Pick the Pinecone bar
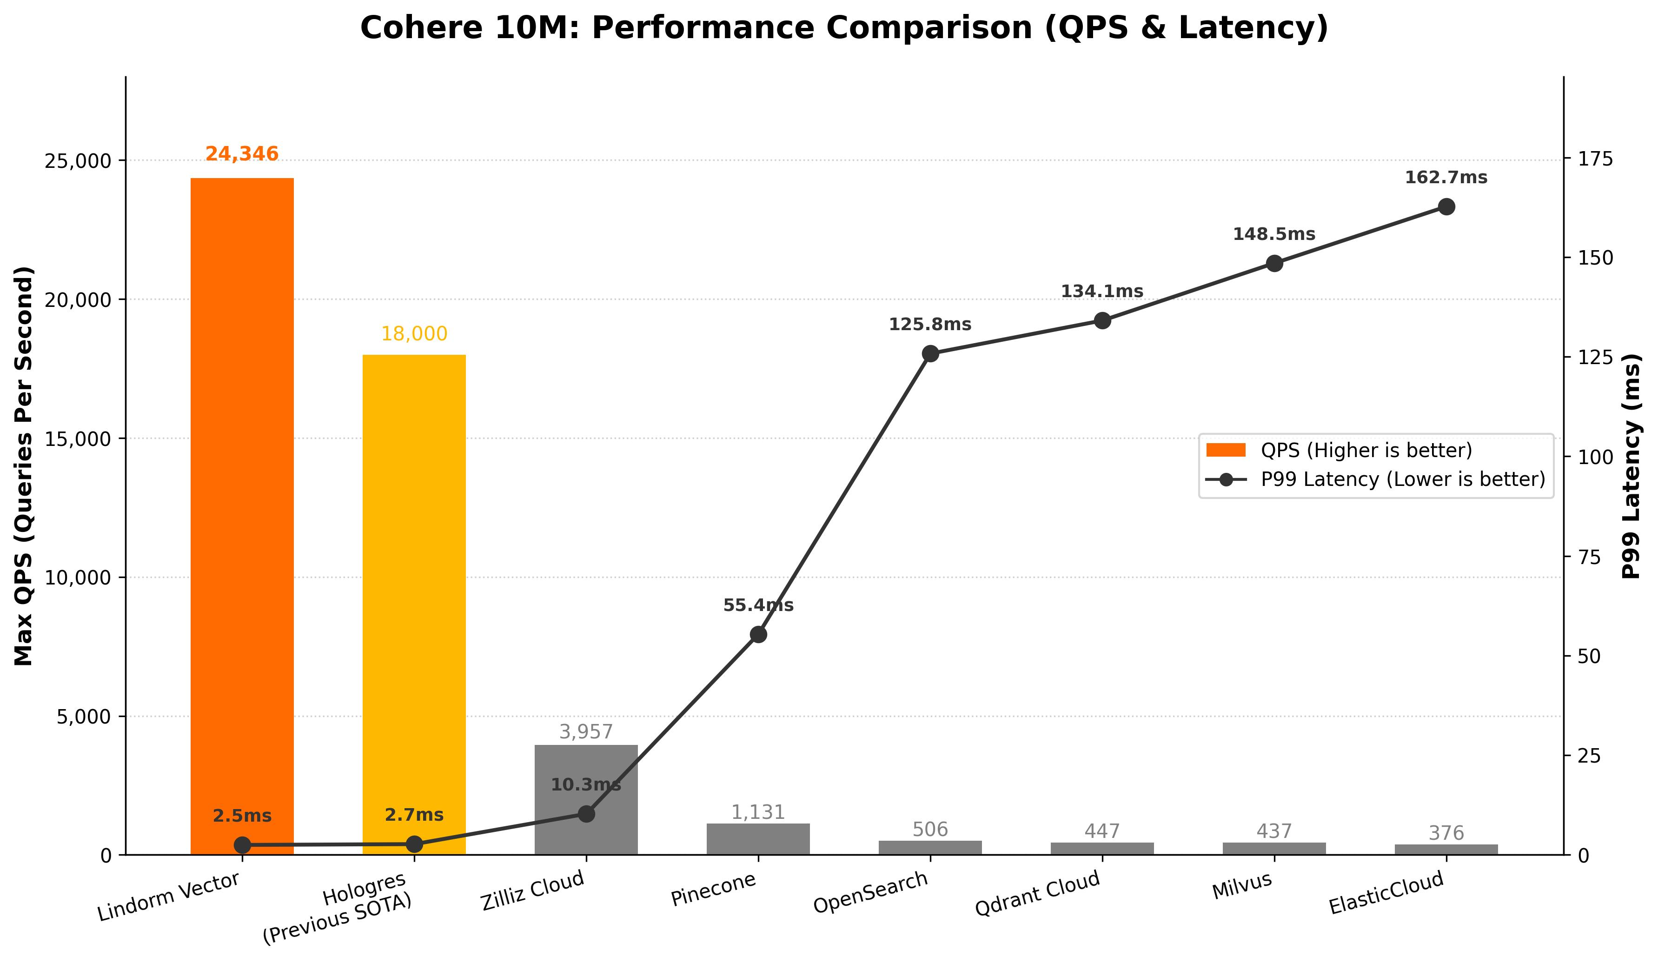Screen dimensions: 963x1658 click(x=758, y=839)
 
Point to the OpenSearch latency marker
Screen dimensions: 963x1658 click(x=930, y=354)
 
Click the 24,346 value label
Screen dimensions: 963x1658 click(x=242, y=154)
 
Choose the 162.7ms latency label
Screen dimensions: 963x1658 click(x=1446, y=178)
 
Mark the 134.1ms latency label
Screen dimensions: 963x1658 click(x=1102, y=292)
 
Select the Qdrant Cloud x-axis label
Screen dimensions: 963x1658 click(x=1038, y=893)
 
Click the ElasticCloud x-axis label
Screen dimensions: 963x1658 click(x=1387, y=893)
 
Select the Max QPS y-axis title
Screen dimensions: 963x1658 click(x=24, y=466)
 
